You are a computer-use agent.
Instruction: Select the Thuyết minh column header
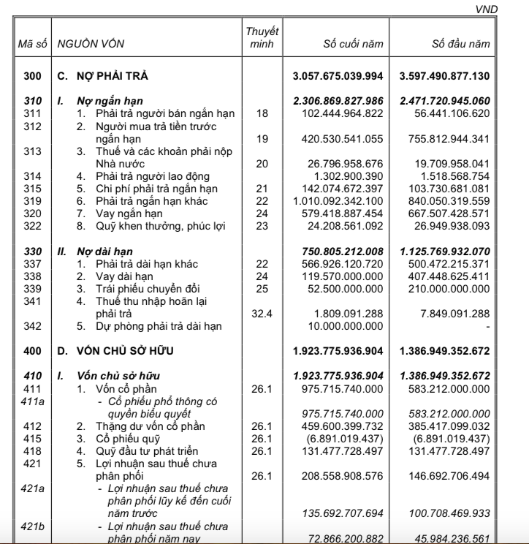pyautogui.click(x=262, y=37)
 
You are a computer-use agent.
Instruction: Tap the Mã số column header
pyautogui.click(x=31, y=45)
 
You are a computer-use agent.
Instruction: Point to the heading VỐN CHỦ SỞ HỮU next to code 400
pyautogui.click(x=132, y=352)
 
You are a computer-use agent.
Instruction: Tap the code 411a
pyautogui.click(x=31, y=401)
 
